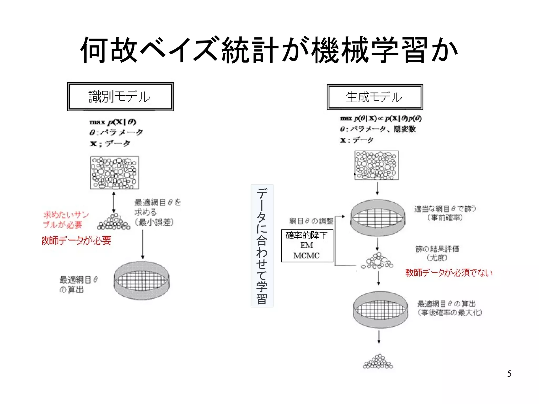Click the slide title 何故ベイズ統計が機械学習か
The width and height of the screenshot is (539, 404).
pos(269,50)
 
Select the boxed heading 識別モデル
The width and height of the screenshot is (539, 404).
pos(120,97)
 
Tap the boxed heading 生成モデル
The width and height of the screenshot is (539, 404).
pos(375,97)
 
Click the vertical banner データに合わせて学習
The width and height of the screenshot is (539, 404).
pos(262,246)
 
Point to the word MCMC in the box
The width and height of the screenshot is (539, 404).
pos(307,256)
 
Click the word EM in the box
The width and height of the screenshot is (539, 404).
pos(307,245)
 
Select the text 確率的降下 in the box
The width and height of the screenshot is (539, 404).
pos(307,235)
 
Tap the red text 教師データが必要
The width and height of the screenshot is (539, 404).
pos(77,241)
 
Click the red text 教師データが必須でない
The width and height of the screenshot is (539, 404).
pos(448,273)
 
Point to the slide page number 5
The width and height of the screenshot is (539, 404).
pos(509,374)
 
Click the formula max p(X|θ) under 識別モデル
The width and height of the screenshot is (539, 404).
pos(113,122)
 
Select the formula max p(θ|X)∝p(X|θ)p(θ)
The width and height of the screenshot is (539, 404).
pos(381,119)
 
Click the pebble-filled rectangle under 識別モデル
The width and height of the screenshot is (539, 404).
pos(114,173)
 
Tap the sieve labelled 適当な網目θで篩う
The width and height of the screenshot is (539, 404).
pos(378,218)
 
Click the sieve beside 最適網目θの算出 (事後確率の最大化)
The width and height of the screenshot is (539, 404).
pos(380,310)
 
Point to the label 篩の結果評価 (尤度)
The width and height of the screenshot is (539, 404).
pos(437,253)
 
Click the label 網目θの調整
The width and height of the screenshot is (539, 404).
pos(311,221)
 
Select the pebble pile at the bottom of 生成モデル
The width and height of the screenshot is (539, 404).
pos(378,362)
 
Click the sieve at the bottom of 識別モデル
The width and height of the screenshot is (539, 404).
pos(142,280)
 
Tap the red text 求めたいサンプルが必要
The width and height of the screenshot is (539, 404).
pos(66,220)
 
